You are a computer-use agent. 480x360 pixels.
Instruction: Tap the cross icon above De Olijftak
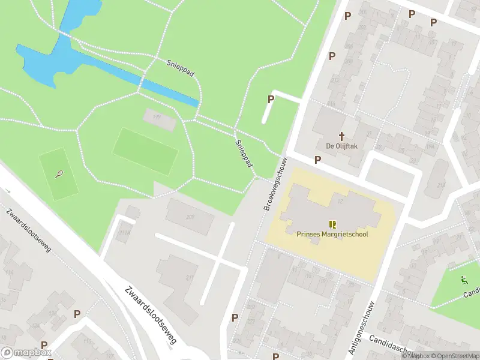pos(343,136)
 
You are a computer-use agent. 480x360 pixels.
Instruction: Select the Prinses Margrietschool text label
pos(332,234)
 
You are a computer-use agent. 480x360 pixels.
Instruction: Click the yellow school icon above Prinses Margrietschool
pos(332,224)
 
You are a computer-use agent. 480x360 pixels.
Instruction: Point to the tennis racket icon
pos(59,175)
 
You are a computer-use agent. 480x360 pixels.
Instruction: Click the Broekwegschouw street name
pos(276,184)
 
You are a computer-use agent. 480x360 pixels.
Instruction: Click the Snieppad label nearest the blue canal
pos(180,68)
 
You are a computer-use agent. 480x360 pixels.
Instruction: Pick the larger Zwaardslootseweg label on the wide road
pos(151,314)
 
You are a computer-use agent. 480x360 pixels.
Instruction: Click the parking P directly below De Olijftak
pos(317,160)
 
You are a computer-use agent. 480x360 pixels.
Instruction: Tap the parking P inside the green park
pos(271,99)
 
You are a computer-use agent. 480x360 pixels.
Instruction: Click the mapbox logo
pos(26,353)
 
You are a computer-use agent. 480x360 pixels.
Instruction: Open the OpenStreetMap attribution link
pos(453,356)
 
